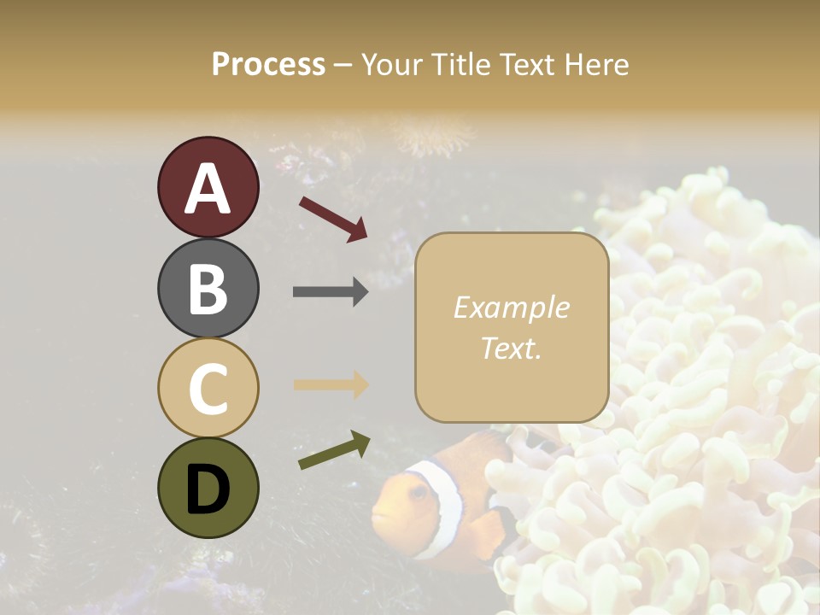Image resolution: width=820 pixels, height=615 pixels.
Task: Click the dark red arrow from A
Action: pos(333,218)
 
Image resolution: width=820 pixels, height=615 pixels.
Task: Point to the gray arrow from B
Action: pos(331,292)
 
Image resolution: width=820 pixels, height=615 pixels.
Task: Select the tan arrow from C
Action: pos(331,385)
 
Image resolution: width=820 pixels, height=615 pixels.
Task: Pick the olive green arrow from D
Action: pos(334,450)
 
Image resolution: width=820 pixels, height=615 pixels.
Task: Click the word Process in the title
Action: pos(268,64)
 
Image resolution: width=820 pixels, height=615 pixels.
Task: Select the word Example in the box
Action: pos(511,307)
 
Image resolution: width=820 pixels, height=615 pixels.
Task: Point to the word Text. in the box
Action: pos(511,348)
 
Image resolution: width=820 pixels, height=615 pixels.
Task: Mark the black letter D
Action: pos(208,489)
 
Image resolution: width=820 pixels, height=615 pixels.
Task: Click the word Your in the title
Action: pos(392,64)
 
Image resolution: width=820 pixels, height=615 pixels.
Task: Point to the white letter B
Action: pos(208,289)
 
